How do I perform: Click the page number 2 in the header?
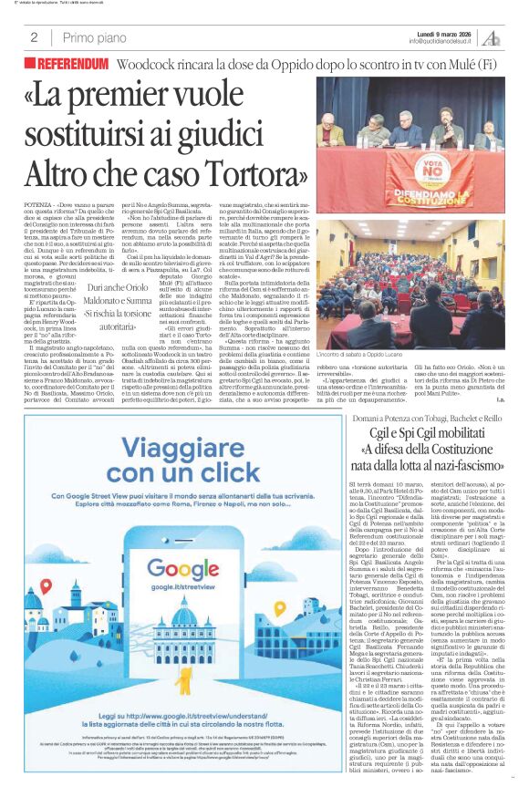[x=33, y=37]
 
